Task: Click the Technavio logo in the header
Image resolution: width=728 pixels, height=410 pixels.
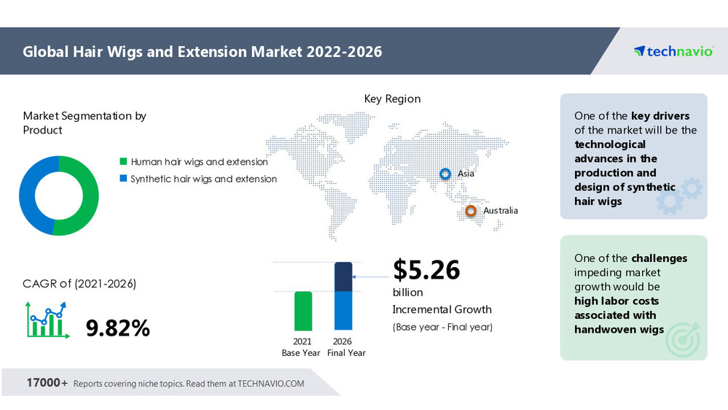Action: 673,51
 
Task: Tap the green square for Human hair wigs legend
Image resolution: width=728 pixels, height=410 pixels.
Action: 124,162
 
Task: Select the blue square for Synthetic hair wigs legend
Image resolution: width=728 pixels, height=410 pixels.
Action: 124,179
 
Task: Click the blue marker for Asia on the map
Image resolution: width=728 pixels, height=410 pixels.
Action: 445,174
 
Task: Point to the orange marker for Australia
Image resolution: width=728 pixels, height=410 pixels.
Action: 471,211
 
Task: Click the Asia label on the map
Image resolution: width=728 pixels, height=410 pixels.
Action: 466,174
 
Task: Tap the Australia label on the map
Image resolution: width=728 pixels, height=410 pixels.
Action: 501,211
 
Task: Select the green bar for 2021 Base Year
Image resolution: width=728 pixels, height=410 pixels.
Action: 303,311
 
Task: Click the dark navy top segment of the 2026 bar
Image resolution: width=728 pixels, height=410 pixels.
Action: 343,276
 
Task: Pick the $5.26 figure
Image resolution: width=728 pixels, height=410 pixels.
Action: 427,270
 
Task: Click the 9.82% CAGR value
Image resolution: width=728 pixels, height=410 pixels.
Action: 118,328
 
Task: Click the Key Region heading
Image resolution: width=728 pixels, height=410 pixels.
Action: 392,98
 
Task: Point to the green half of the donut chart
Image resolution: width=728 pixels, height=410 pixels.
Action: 82,196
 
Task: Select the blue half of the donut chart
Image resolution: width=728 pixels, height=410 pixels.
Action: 35,196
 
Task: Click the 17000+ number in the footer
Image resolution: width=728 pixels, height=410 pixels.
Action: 47,383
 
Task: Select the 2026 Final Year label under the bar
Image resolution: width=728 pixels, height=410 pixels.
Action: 343,347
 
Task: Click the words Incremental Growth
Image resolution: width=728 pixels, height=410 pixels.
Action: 442,309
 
